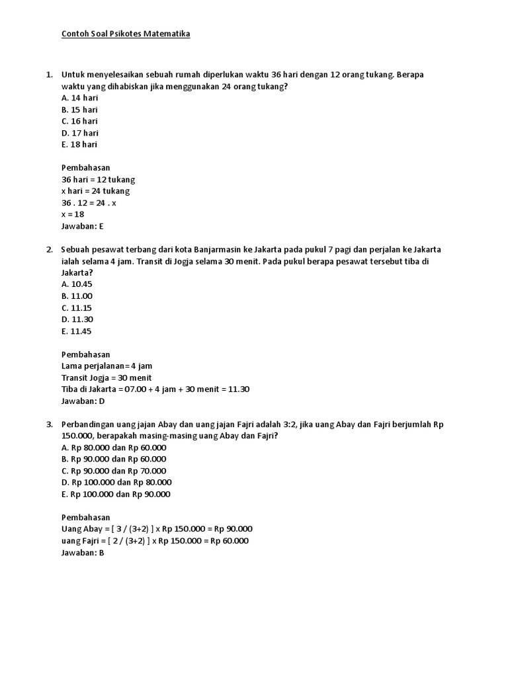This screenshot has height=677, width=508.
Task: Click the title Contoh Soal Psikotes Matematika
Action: [x=126, y=34]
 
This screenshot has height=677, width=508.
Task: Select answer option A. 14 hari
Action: [x=79, y=98]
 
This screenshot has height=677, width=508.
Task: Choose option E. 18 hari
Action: [x=79, y=144]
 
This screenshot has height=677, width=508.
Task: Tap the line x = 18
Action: [x=73, y=214]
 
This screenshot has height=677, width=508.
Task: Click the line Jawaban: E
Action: [x=83, y=226]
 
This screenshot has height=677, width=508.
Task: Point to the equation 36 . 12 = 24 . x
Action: [x=89, y=203]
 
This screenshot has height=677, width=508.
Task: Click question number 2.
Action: [x=50, y=249]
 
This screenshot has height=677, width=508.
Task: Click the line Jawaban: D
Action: [x=83, y=401]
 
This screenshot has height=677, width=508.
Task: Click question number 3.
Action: [x=50, y=424]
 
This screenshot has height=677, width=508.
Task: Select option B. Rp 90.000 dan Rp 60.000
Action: [x=114, y=459]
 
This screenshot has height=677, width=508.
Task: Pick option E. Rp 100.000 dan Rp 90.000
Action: [x=116, y=494]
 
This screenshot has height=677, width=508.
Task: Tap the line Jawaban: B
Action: [x=83, y=552]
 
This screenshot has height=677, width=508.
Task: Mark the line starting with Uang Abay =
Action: [x=157, y=529]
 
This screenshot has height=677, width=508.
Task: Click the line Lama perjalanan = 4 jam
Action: [x=107, y=366]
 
